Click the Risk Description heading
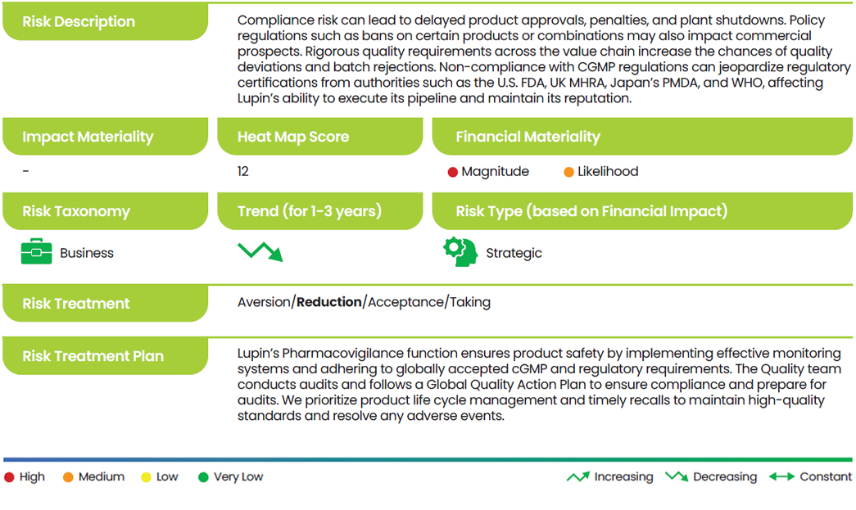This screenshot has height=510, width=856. [79, 22]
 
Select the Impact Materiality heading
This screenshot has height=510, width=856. [88, 137]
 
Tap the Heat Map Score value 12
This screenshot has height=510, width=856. [243, 171]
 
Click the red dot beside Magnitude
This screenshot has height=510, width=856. [452, 173]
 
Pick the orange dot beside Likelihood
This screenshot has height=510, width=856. [568, 173]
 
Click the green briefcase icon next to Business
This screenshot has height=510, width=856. [37, 251]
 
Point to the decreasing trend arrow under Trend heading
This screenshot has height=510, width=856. [260, 251]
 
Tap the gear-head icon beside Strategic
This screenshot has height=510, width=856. [460, 252]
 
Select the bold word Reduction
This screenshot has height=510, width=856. [329, 302]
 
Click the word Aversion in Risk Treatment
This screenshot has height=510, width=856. [264, 302]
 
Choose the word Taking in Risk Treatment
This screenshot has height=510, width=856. [470, 302]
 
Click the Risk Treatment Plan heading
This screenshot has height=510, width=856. [93, 356]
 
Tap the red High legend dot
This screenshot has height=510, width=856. [9, 477]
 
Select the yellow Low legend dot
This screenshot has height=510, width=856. [146, 477]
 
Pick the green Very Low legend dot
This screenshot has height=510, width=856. [203, 477]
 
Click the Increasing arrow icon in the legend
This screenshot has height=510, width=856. [578, 476]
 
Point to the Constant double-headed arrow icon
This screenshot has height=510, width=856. [781, 476]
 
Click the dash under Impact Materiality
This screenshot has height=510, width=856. [25, 171]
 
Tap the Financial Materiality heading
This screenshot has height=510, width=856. [528, 137]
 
